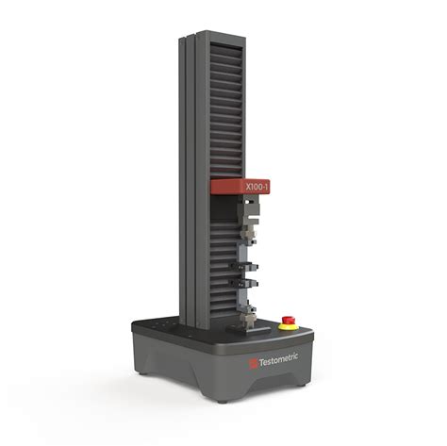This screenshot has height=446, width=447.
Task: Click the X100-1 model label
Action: (x=257, y=188)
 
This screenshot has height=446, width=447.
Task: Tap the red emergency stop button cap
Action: (x=288, y=320)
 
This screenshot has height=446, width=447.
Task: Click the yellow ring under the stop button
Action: (x=289, y=326)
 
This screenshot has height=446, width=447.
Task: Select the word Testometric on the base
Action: (x=278, y=360)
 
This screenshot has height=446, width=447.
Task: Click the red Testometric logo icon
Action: (x=253, y=363)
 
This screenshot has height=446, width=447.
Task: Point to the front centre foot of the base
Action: (x=223, y=402)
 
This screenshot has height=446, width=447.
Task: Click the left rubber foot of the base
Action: (x=143, y=373)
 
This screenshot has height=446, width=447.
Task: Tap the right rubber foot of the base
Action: (x=301, y=385)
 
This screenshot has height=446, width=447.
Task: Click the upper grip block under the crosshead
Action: (x=248, y=211)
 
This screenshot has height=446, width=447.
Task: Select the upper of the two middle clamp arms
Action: (x=244, y=267)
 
